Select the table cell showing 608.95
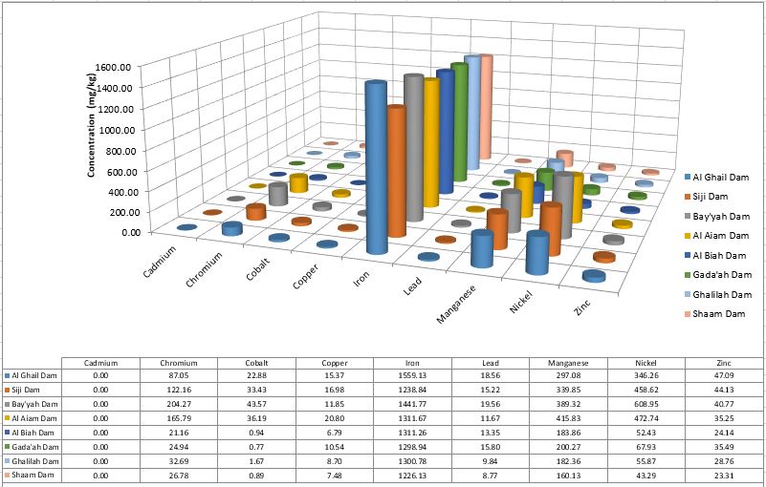click(646, 404)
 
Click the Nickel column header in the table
click(646, 363)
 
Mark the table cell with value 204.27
click(178, 404)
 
